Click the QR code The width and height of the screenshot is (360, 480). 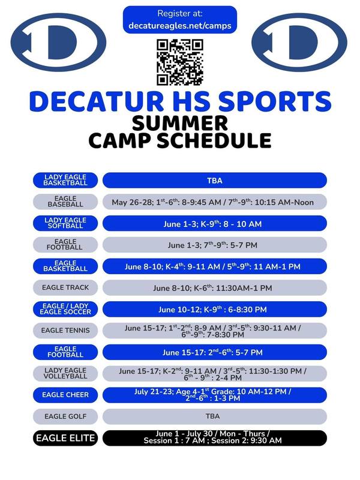click(x=180, y=62)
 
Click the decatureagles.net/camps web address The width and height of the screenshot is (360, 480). click(x=180, y=26)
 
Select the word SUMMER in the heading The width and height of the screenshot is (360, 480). click(x=180, y=122)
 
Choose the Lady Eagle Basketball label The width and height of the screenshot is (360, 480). click(x=66, y=180)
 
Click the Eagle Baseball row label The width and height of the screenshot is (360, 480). click(x=66, y=202)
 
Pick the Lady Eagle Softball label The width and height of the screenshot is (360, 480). click(x=66, y=223)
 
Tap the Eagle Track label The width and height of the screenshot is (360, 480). click(x=66, y=287)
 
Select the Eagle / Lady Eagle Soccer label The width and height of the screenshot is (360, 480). click(x=66, y=309)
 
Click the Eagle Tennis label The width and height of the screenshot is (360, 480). click(x=66, y=330)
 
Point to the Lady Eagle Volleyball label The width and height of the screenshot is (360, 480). click(x=66, y=373)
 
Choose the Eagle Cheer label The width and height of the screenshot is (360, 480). click(x=66, y=395)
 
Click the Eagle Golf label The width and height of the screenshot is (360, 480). click(x=66, y=416)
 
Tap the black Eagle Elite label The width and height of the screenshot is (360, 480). click(x=66, y=438)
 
